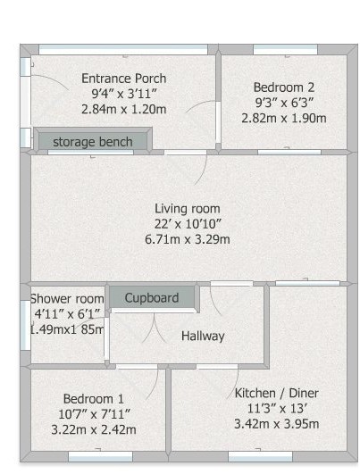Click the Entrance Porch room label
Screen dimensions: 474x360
pos(123,79)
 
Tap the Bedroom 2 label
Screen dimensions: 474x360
pos(283,87)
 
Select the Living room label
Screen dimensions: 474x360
pos(187,209)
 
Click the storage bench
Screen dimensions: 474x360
pos(93,142)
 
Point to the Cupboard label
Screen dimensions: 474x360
pos(151,297)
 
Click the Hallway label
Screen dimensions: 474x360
pos(203,337)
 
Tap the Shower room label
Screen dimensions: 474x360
pos(67,299)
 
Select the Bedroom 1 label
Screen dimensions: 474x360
pos(93,398)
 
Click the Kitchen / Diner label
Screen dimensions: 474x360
pos(276,393)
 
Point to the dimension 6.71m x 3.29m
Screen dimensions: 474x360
pos(187,239)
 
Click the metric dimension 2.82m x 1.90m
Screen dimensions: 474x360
pos(284,118)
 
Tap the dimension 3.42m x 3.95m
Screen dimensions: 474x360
pos(276,423)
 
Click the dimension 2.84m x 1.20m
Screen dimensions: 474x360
pos(123,109)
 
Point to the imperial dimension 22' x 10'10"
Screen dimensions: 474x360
pos(187,224)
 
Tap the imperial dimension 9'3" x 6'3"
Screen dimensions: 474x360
pos(284,103)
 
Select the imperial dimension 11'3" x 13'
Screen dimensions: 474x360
pos(276,408)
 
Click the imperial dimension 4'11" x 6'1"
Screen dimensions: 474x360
pos(67,314)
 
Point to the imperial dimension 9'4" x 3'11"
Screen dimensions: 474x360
pos(123,94)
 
